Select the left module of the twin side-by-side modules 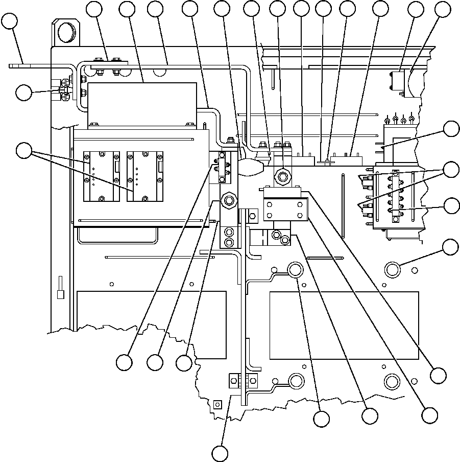101,176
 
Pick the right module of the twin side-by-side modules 145,176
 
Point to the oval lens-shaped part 250,167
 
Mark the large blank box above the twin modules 142,102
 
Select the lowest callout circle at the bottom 220,453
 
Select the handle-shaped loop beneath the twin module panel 116,236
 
